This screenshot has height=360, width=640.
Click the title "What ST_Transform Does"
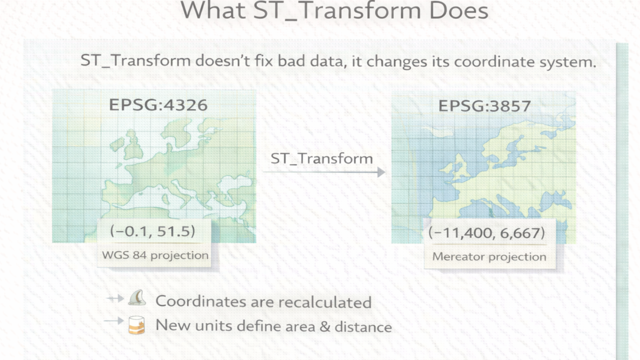(334, 10)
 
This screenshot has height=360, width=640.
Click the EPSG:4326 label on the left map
(158, 105)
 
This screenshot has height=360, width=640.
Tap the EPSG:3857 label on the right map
(485, 106)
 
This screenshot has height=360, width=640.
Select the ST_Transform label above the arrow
(322, 158)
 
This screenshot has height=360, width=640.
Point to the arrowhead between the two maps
(381, 172)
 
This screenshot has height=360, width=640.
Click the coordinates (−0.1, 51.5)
(153, 231)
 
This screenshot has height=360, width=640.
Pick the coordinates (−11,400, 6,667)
(486, 233)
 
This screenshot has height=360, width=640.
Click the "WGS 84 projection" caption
(155, 255)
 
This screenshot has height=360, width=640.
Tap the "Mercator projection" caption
(489, 257)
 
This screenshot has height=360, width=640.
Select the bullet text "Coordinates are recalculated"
(263, 302)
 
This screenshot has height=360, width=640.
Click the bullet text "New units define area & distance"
(273, 326)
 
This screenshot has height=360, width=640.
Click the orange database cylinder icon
(137, 325)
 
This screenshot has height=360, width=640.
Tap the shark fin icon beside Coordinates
(137, 298)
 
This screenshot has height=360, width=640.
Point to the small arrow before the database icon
(114, 321)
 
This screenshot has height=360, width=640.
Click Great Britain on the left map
(133, 145)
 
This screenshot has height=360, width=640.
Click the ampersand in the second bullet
(325, 326)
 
